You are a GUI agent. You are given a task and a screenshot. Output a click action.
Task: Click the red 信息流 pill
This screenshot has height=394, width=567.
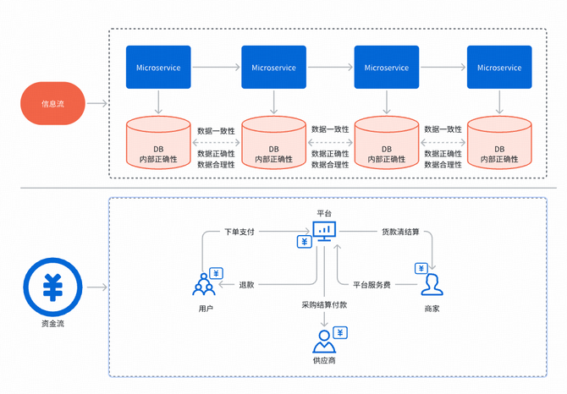pos(52,104)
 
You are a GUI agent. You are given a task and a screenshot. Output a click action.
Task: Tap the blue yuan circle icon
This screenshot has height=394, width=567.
pos(52,288)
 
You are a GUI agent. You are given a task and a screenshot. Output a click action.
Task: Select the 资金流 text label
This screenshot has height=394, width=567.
pos(52,324)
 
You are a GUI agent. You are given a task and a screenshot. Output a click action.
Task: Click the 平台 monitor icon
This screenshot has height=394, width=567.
pos(324,230)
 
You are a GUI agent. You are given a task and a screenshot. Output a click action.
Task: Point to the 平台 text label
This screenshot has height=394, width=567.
pos(324,212)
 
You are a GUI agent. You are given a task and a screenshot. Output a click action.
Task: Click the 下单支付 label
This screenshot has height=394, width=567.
pos(239,231)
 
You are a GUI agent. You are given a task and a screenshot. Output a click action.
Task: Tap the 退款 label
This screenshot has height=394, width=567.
pos(247,284)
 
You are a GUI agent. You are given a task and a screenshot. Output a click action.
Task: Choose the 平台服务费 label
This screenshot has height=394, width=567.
pos(372,284)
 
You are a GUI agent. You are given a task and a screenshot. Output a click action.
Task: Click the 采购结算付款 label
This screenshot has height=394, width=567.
pos(324,304)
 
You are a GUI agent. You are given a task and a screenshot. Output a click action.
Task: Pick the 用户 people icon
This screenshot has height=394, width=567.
pos(204,286)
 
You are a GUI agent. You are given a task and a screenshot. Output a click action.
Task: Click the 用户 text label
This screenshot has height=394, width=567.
pos(205,309)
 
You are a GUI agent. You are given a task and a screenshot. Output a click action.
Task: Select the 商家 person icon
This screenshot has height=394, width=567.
pos(432,282)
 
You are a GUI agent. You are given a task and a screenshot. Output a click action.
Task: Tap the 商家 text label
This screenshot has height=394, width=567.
pos(432,309)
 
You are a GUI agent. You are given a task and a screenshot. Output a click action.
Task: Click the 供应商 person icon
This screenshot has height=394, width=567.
pos(322,342)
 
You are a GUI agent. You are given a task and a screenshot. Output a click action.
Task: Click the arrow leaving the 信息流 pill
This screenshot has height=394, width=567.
pos(97,104)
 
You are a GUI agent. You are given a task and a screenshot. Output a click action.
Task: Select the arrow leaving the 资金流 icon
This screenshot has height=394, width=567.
pos(97,288)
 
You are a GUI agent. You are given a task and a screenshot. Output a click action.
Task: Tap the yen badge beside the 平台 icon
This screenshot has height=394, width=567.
pos(304,242)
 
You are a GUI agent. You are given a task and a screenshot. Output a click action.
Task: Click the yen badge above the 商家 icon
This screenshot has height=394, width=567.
pos(421,268)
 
